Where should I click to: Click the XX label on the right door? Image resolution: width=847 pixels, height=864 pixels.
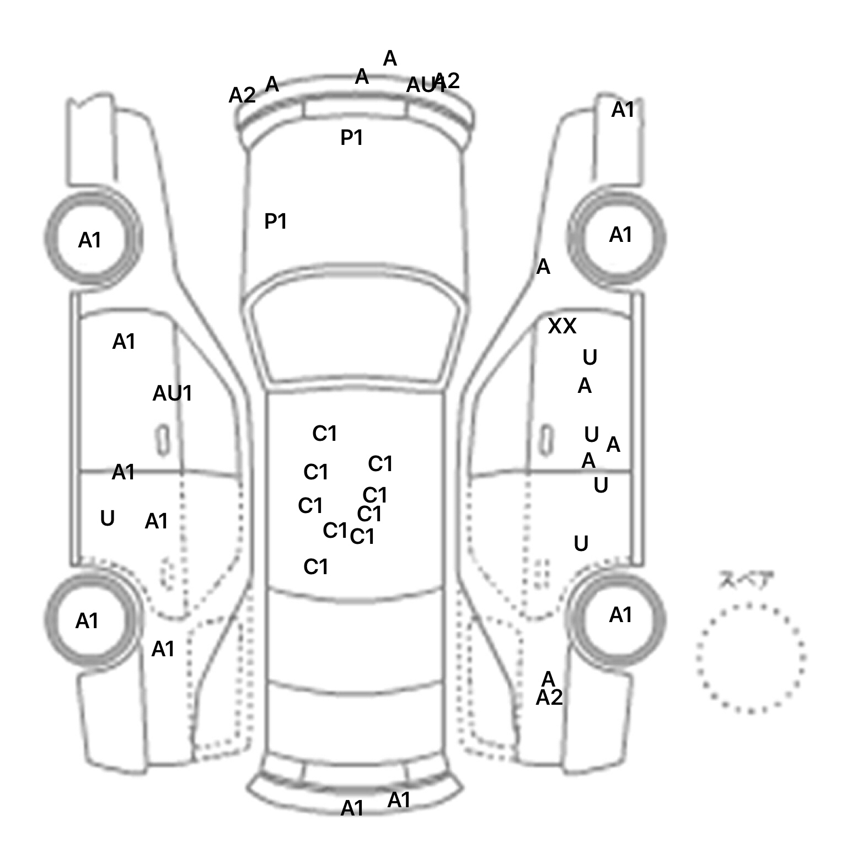562,326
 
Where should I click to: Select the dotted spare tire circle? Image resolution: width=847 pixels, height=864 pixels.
750,658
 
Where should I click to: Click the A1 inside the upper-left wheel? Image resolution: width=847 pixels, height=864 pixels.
89,240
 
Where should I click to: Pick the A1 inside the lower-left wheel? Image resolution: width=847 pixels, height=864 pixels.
87,621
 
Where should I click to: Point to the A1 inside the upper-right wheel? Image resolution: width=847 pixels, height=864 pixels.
620,235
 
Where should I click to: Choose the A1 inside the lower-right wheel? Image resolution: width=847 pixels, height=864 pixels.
620,615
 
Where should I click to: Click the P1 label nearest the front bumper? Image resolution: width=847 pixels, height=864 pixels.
351,137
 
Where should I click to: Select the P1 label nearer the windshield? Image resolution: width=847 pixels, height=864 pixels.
275,222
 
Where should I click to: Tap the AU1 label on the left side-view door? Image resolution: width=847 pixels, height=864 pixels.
172,393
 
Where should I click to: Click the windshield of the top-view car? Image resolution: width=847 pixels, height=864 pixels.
356,336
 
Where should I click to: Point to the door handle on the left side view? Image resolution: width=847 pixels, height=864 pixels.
163,440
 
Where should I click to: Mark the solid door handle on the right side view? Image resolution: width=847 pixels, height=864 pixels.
546,441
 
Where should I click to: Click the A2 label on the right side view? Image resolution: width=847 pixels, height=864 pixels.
549,698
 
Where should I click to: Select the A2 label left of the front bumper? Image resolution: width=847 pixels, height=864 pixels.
242,95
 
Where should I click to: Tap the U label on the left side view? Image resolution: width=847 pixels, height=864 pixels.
108,519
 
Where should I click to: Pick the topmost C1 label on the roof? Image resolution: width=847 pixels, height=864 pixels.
324,434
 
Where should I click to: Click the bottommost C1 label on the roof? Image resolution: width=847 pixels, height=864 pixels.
315,566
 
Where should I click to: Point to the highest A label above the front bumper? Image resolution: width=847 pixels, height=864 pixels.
390,58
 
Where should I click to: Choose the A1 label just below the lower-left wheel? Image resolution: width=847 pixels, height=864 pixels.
163,649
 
